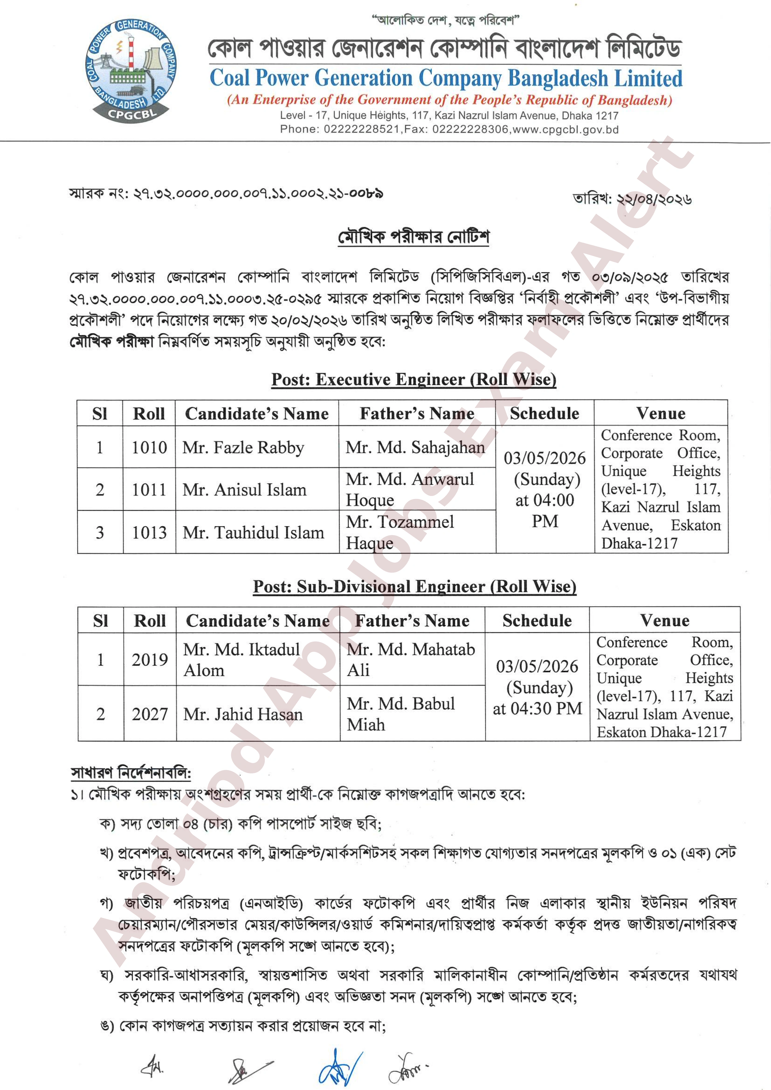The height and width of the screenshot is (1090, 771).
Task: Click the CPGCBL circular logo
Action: pyautogui.click(x=130, y=71)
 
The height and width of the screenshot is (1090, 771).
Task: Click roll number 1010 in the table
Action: pyautogui.click(x=149, y=447)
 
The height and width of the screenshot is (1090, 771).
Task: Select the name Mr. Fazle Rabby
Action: pyautogui.click(x=243, y=447)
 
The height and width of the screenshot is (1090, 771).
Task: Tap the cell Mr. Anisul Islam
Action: pyautogui.click(x=245, y=489)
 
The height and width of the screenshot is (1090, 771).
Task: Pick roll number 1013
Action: pyautogui.click(x=149, y=532)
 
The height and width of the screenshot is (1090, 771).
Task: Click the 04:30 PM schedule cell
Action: pyautogui.click(x=537, y=687)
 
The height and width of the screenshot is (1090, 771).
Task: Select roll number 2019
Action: pyautogui.click(x=150, y=659)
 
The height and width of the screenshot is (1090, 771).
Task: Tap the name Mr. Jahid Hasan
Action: pyautogui.click(x=243, y=714)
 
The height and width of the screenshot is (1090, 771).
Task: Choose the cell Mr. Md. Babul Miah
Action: pyautogui.click(x=401, y=713)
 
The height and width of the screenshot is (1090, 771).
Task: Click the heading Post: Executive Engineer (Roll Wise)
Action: pyautogui.click(x=414, y=379)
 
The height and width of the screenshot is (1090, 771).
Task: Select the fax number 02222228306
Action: pyautogui.click(x=470, y=129)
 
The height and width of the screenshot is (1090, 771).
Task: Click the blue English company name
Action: pyautogui.click(x=446, y=78)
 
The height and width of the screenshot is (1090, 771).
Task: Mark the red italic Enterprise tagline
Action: pyautogui.click(x=449, y=100)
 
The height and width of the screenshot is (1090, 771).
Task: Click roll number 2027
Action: pyautogui.click(x=150, y=714)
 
